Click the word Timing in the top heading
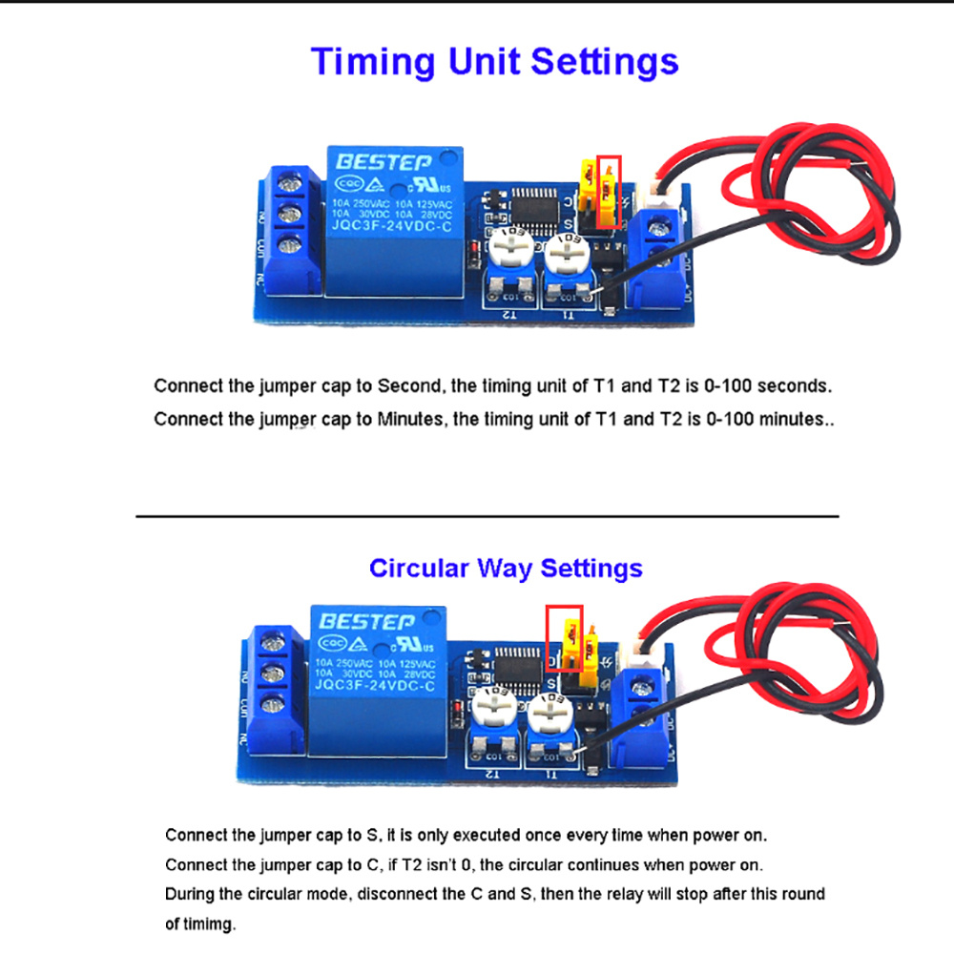pyautogui.click(x=371, y=62)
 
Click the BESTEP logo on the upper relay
pyautogui.click(x=383, y=163)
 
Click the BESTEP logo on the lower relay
pyautogui.click(x=366, y=621)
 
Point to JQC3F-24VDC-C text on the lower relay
pyautogui.click(x=374, y=685)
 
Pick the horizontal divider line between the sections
pyautogui.click(x=487, y=516)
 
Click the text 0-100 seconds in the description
pyautogui.click(x=769, y=387)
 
